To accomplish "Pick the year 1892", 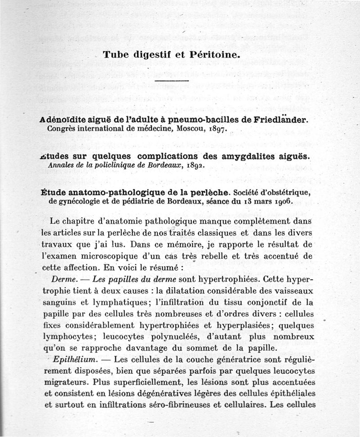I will pos(190,165).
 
